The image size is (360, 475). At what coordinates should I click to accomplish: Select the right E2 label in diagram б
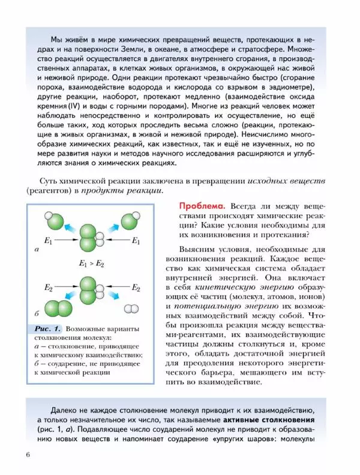point(136,288)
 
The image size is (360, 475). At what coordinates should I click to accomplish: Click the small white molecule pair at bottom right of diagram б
point(130,308)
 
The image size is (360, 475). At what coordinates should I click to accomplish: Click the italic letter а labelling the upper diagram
point(37,247)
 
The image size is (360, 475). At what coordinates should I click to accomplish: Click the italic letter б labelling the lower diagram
point(37,314)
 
